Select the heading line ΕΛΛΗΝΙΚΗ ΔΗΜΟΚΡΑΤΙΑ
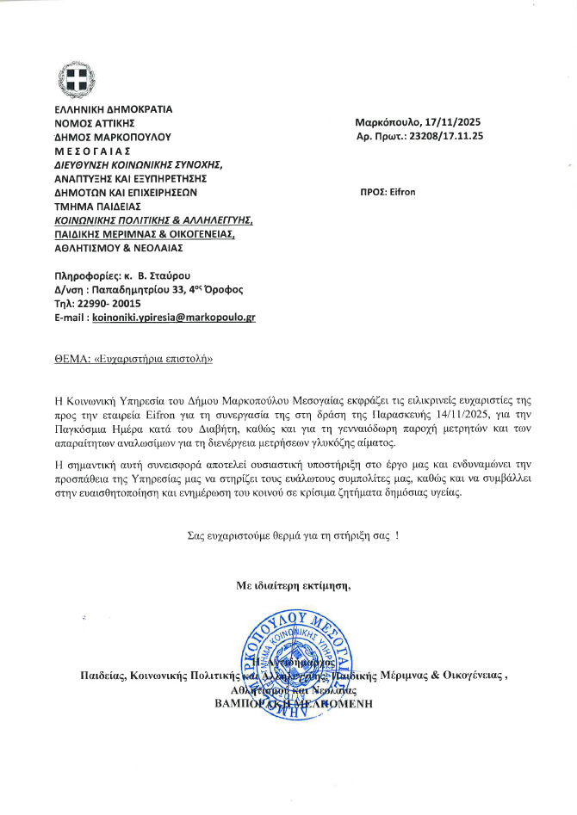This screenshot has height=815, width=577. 113,109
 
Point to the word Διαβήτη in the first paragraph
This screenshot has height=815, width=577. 263,429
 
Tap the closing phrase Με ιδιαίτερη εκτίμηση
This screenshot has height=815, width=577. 295,585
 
